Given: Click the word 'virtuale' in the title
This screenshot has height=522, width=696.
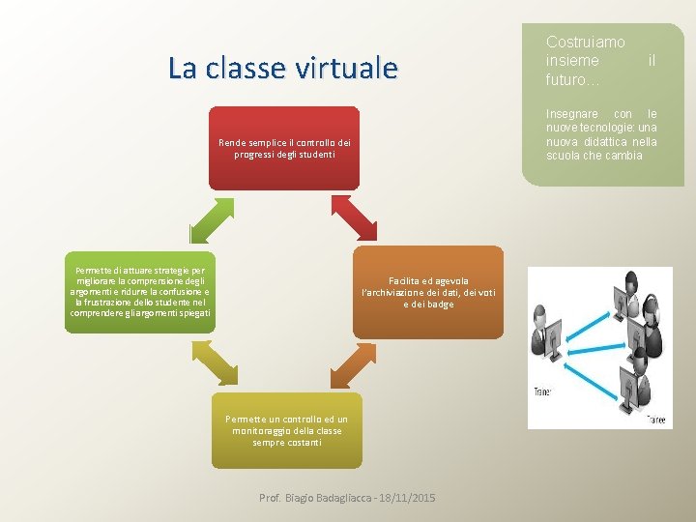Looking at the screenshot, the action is tap(352, 68).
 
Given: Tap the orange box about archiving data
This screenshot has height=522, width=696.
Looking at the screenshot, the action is tap(427, 290).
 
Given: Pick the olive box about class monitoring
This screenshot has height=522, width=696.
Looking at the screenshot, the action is tap(286, 430).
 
